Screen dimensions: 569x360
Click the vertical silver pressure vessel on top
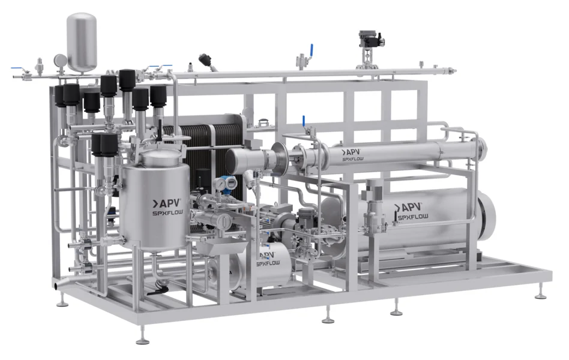coord(82,42)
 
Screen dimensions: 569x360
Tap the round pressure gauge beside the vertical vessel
coord(60,60)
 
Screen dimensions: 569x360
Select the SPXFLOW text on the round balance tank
coord(167,213)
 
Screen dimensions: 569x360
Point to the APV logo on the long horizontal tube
coord(351,152)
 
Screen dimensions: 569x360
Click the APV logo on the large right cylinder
coord(408,207)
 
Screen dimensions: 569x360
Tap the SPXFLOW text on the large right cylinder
coord(414,217)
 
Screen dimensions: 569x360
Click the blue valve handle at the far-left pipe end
coord(16,68)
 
